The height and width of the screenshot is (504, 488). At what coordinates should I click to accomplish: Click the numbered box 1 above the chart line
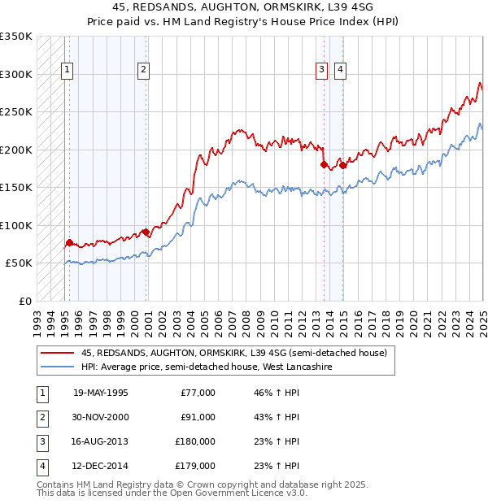pyautogui.click(x=66, y=71)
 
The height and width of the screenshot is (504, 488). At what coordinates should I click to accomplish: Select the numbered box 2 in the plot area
pyautogui.click(x=143, y=71)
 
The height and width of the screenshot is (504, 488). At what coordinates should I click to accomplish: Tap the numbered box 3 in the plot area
pyautogui.click(x=322, y=71)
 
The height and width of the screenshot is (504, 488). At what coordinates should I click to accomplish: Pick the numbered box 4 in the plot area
pyautogui.click(x=339, y=71)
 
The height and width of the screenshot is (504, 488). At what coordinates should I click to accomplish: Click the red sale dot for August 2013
pyautogui.click(x=324, y=165)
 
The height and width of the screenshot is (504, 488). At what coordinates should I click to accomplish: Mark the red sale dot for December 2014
pyautogui.click(x=342, y=166)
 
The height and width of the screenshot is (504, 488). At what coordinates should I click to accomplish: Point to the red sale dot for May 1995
pyautogui.click(x=69, y=242)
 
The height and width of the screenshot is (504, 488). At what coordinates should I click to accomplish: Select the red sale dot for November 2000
pyautogui.click(x=146, y=232)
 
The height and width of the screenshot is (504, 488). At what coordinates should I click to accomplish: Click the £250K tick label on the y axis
pyautogui.click(x=16, y=111)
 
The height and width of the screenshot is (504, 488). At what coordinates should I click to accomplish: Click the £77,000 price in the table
pyautogui.click(x=198, y=393)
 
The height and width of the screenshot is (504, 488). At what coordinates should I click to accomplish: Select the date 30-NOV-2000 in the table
pyautogui.click(x=101, y=417)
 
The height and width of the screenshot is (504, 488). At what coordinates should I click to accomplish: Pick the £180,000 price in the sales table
pyautogui.click(x=195, y=441)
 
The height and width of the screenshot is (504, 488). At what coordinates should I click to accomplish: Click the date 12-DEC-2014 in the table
pyautogui.click(x=101, y=466)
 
